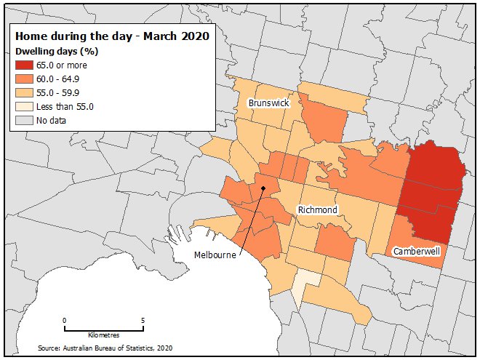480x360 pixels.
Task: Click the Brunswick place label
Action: coord(268,103)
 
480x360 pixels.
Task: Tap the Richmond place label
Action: coord(317,210)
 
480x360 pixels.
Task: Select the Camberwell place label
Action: coord(417,251)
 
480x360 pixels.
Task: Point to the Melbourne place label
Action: coord(217,255)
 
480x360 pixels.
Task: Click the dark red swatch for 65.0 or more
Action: coord(25,65)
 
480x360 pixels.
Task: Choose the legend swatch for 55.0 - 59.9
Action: coord(25,92)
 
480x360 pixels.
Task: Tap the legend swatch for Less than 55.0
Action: coord(25,106)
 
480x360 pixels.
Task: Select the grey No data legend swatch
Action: coord(25,120)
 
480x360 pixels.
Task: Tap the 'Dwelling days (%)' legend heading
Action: coord(57,52)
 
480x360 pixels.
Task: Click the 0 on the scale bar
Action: coord(65,320)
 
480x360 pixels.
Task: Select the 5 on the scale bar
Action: coord(143,320)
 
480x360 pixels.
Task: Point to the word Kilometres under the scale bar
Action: coord(103,335)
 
